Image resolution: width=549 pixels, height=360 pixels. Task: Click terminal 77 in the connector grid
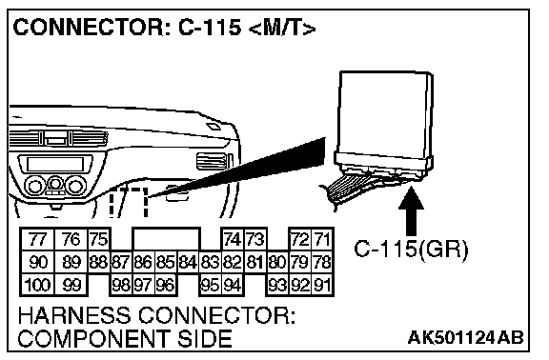(x=37, y=239)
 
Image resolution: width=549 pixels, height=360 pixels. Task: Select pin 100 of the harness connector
(x=37, y=285)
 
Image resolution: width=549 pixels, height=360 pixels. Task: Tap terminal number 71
(x=322, y=239)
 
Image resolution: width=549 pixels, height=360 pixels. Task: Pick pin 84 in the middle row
(x=188, y=262)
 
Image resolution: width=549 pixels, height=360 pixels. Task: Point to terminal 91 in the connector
(x=322, y=285)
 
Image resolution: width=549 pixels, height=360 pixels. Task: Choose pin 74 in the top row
(x=233, y=239)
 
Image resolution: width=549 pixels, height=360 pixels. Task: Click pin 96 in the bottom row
(x=165, y=285)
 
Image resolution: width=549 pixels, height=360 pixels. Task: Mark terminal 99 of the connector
(x=71, y=285)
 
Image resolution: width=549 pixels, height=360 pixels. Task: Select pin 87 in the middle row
(x=121, y=262)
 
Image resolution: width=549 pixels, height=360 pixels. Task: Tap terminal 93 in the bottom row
(x=277, y=285)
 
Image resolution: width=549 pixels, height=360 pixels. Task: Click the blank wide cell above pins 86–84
(x=166, y=239)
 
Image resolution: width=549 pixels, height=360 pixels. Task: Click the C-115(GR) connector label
(x=411, y=250)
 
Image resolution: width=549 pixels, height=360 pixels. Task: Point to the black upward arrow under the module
(x=411, y=211)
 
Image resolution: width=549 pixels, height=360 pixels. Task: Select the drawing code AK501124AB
(x=466, y=337)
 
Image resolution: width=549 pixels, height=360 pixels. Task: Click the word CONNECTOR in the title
(x=89, y=28)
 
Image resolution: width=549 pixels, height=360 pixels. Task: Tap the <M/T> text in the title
(x=282, y=28)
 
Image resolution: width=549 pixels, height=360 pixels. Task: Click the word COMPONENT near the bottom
(x=92, y=338)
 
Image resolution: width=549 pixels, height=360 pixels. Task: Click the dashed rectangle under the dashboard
(x=129, y=202)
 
